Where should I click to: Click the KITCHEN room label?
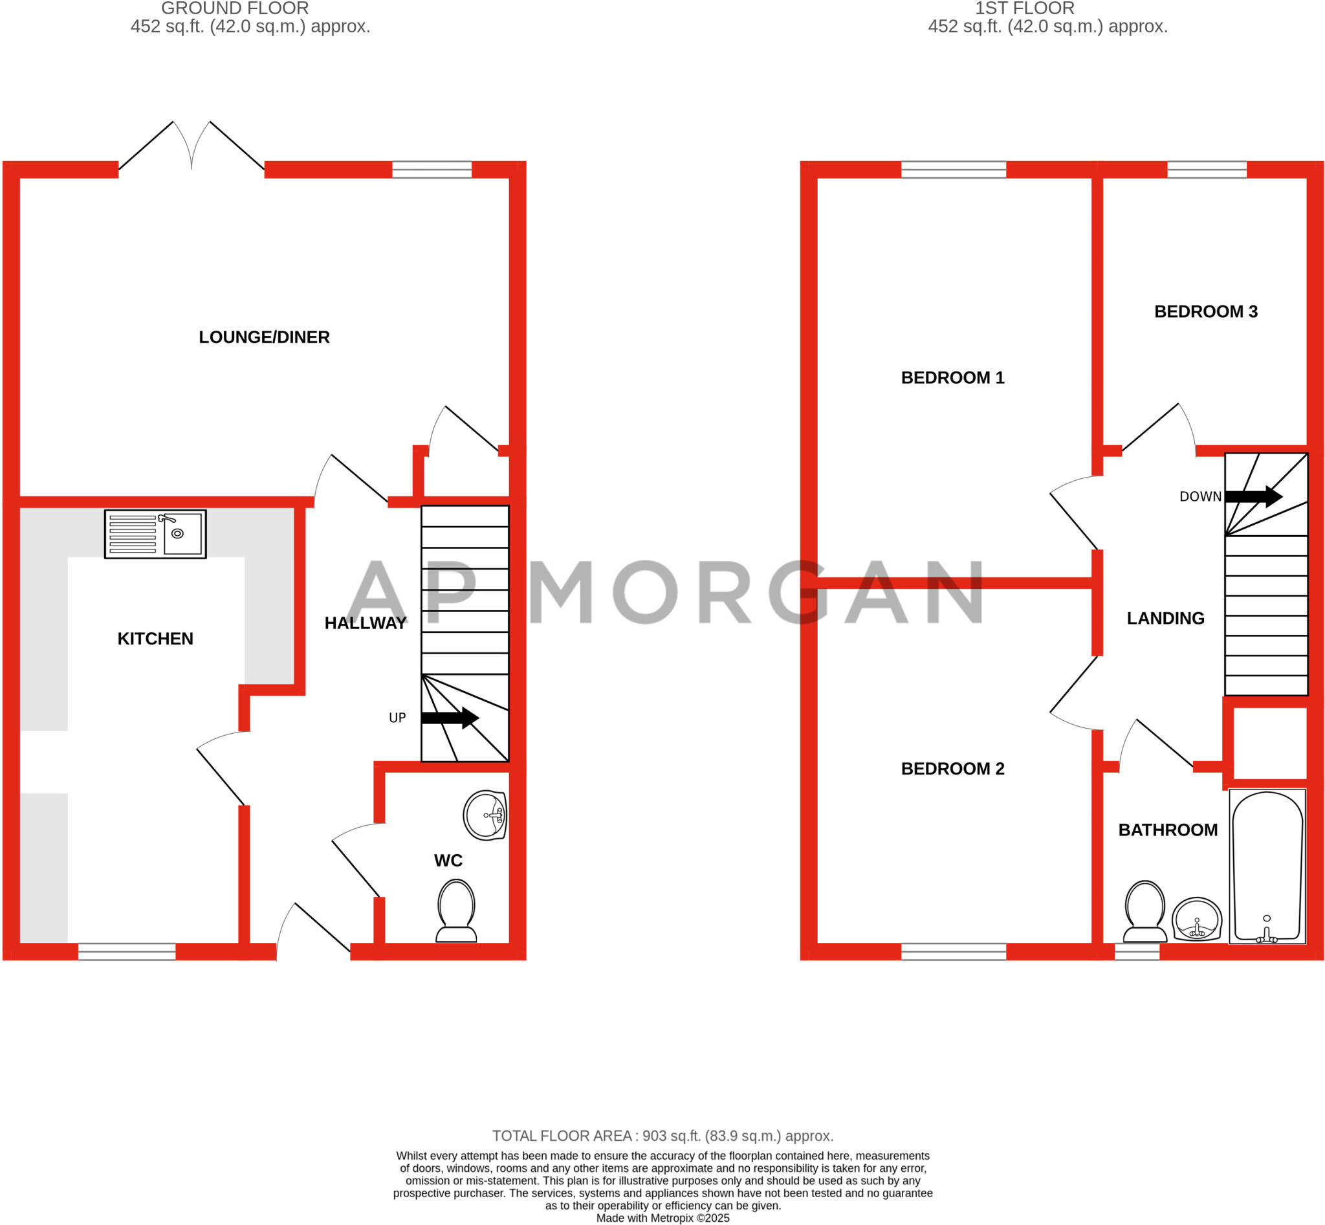tap(155, 638)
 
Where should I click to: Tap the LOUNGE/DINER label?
tap(264, 337)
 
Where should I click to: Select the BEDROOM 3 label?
tap(1206, 311)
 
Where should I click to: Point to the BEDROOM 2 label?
tap(952, 768)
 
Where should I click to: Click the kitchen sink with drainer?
tap(155, 534)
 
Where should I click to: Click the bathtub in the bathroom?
tap(1267, 866)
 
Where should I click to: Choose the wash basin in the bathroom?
tap(1197, 920)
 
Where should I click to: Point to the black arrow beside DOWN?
tap(1253, 496)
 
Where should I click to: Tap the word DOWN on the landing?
tap(1200, 496)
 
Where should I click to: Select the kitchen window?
tap(127, 952)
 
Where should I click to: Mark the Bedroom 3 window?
tap(1207, 170)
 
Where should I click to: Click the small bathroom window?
tap(1137, 952)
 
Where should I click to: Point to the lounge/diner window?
tap(432, 170)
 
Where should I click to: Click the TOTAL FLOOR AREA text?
tap(662, 1136)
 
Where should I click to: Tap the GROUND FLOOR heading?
tap(235, 8)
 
